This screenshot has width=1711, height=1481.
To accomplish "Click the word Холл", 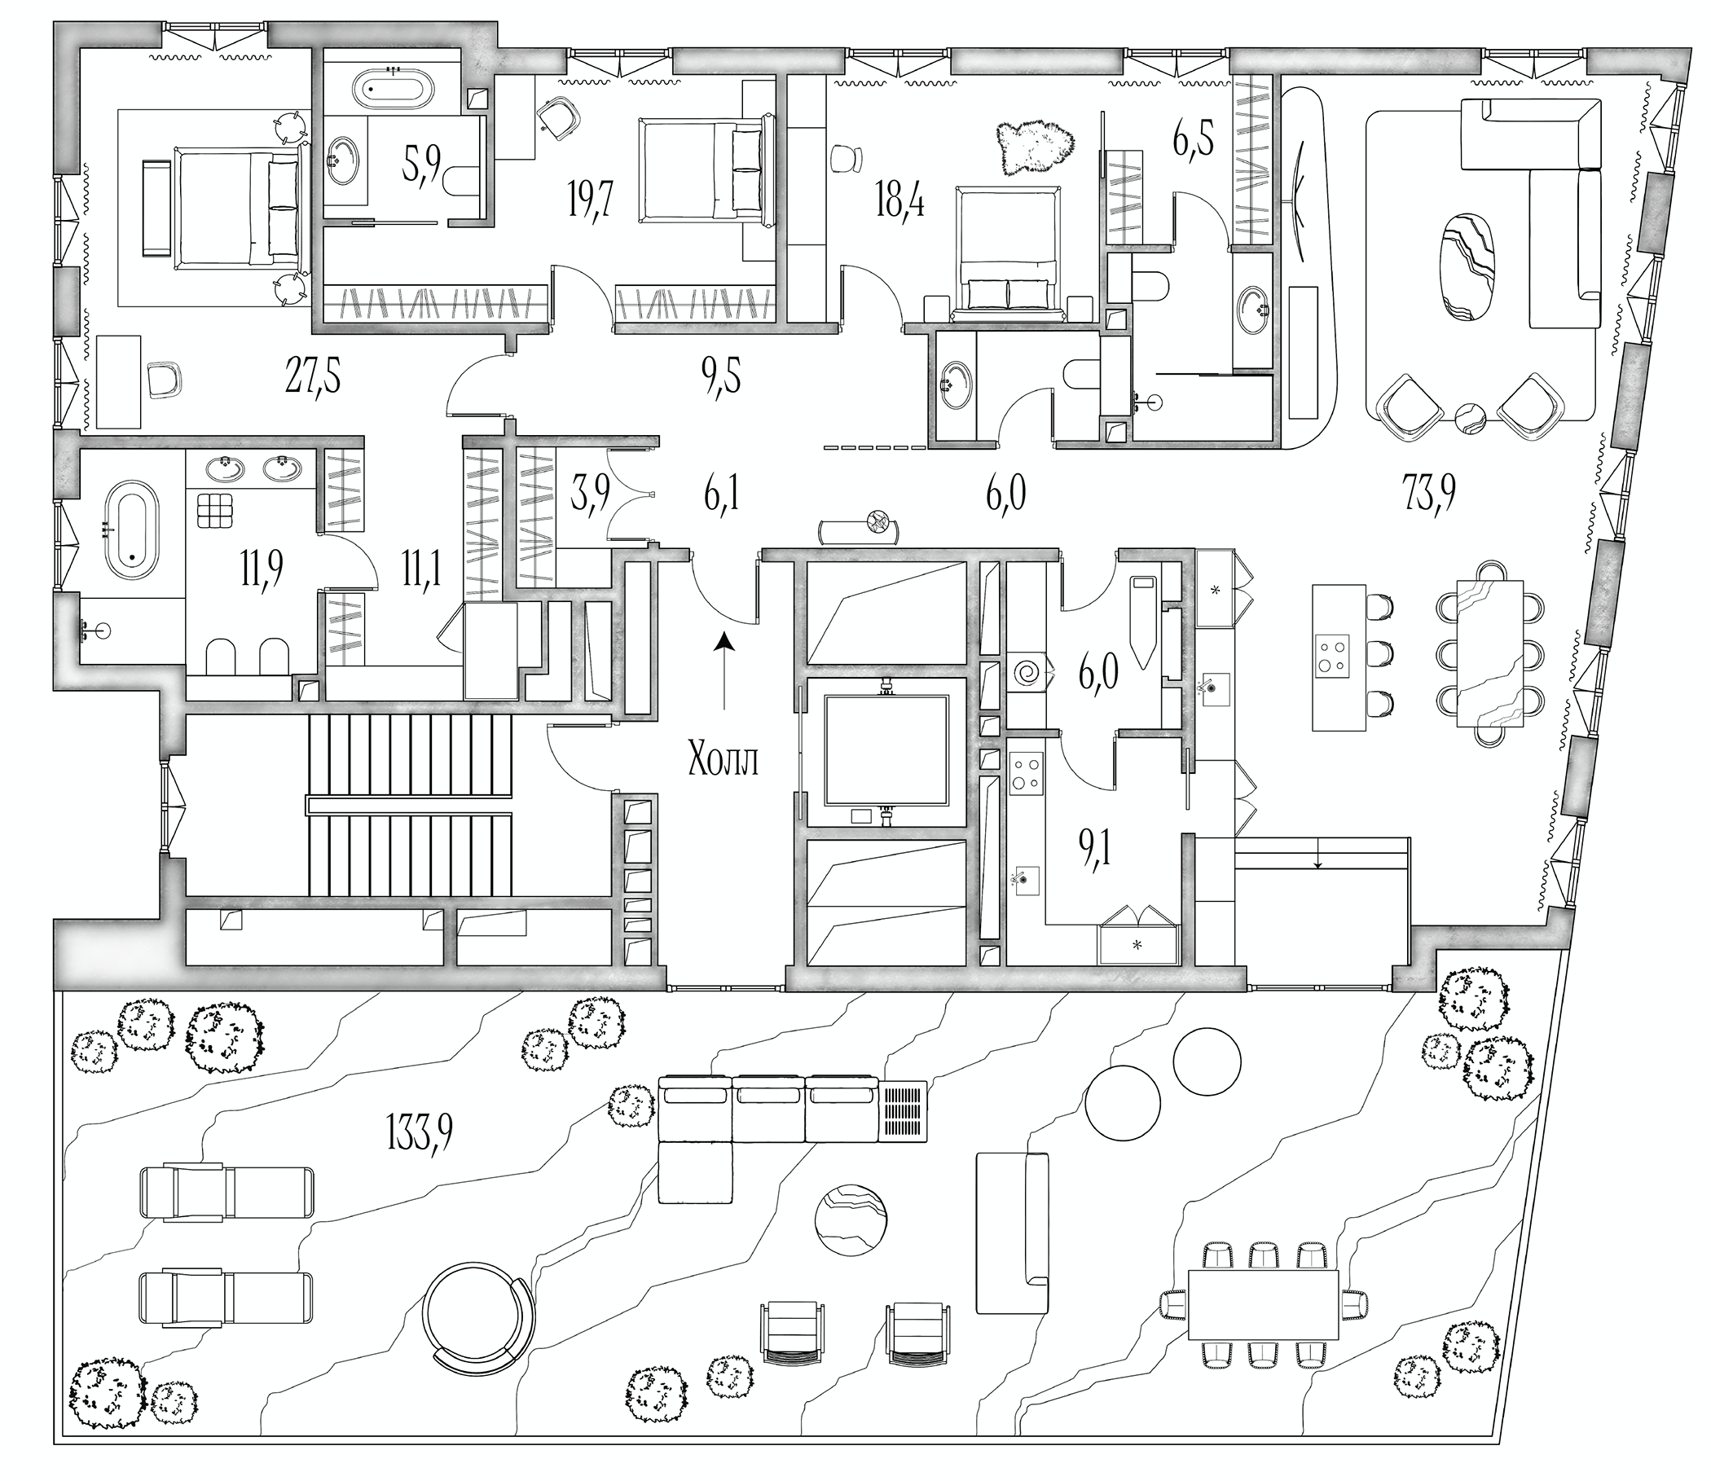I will [724, 760].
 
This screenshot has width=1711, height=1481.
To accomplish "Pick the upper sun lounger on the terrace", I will [227, 1193].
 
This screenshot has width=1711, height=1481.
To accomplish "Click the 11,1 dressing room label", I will [422, 569].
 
